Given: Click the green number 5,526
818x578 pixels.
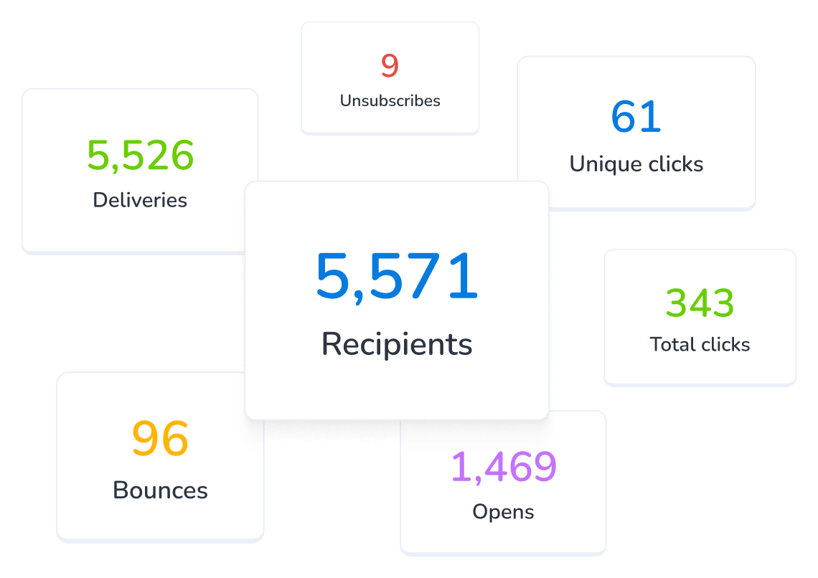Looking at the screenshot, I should (x=141, y=156).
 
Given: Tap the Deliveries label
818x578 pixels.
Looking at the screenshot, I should (x=140, y=200).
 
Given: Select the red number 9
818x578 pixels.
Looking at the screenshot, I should (x=390, y=66).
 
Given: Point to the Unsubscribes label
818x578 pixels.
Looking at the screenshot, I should (x=390, y=101).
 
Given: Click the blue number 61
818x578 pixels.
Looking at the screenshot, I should (x=636, y=117).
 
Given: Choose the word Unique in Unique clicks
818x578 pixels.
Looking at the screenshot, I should (x=603, y=164).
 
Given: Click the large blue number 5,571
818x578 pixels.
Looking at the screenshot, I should (x=397, y=277).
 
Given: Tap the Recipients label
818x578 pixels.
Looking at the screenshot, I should (x=397, y=344).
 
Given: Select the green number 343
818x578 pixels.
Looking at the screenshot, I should (x=700, y=303).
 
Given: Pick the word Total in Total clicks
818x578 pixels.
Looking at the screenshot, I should (x=672, y=345).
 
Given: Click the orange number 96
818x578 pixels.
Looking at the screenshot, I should (x=160, y=439).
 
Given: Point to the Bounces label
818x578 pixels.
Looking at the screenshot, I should (x=160, y=491).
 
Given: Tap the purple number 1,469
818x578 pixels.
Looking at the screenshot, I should (x=503, y=467).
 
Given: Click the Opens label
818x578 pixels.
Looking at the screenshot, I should (x=503, y=512).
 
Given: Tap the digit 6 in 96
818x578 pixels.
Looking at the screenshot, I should (x=174, y=439).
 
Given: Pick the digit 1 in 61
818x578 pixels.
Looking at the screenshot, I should (x=651, y=117).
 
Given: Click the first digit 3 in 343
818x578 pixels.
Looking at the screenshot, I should (x=677, y=303).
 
